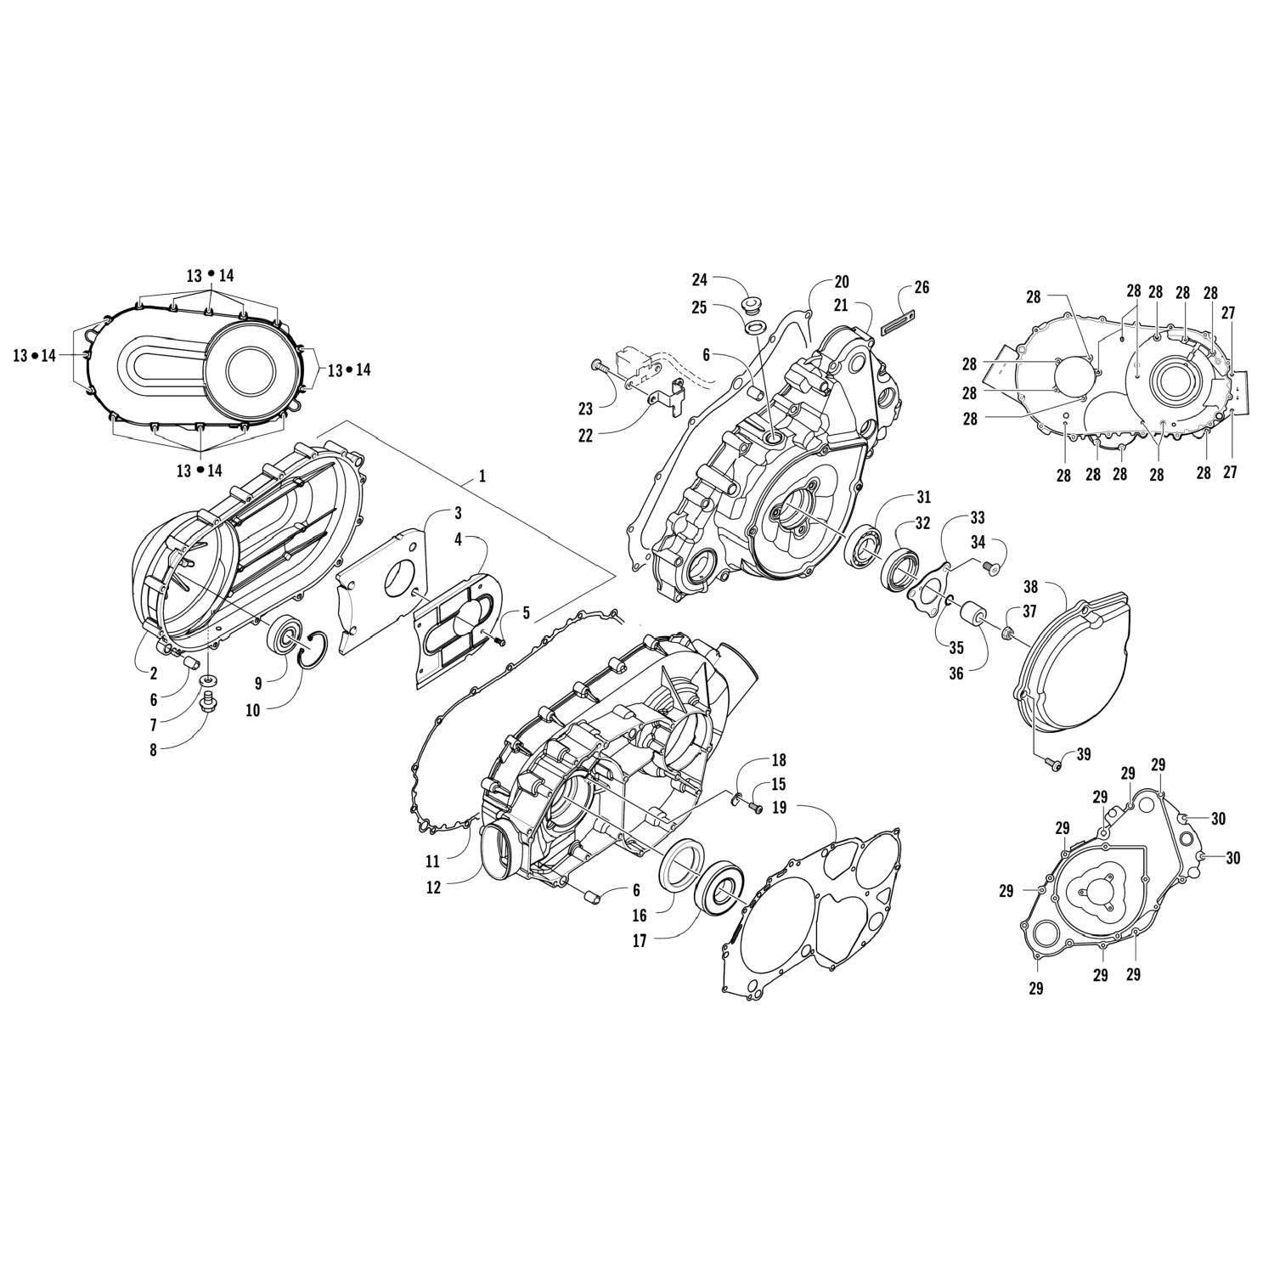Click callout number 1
click(482, 476)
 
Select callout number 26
click(922, 288)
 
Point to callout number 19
click(779, 807)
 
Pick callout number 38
click(1031, 586)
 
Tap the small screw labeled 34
click(989, 564)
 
